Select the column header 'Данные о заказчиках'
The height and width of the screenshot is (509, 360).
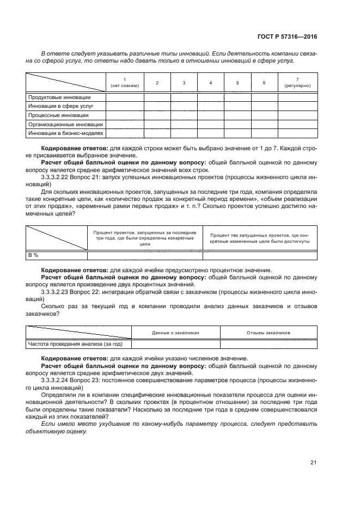[176, 332]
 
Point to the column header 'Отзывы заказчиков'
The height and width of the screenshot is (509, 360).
[269, 332]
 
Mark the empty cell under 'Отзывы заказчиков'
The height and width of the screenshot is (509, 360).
[269, 344]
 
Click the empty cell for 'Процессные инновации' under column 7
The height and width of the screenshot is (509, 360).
[297, 115]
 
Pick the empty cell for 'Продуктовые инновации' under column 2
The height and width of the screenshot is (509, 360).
[157, 97]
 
